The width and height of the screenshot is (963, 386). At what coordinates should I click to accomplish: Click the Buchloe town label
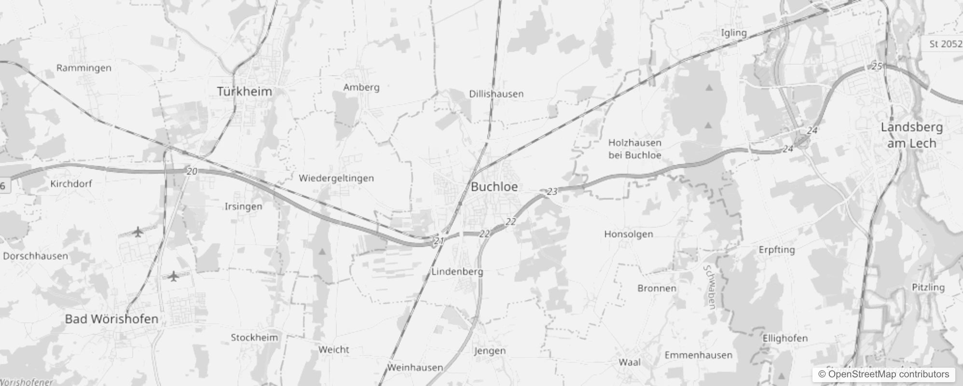[494, 187]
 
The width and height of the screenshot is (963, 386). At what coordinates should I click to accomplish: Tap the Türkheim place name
[244, 91]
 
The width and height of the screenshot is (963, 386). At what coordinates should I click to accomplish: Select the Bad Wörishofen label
[111, 319]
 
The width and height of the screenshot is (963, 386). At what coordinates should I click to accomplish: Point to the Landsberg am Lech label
[911, 135]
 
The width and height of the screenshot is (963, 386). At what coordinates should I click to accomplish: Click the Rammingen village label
[84, 68]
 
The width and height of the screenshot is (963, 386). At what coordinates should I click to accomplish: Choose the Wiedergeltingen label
[336, 178]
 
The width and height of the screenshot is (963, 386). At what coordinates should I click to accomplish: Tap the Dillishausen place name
[496, 94]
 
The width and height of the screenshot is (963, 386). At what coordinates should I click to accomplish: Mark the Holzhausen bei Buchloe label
[634, 149]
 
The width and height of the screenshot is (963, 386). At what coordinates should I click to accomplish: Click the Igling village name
[733, 33]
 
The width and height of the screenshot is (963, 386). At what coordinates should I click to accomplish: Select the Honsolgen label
[629, 234]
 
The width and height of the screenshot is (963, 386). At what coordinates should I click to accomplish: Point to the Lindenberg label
[457, 272]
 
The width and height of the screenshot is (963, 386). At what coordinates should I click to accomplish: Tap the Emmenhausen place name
[698, 355]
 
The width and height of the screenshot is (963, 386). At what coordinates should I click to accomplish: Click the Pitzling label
[928, 288]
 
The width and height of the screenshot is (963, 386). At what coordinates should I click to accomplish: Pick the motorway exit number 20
[192, 171]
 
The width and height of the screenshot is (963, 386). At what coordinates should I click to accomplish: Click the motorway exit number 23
[552, 192]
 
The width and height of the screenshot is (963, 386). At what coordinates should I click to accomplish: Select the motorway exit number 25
[877, 66]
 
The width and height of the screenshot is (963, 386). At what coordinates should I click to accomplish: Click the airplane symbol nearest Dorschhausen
[138, 232]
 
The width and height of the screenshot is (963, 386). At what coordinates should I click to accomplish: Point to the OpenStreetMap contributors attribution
[883, 374]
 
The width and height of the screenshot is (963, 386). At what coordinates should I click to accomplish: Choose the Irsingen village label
[244, 207]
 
